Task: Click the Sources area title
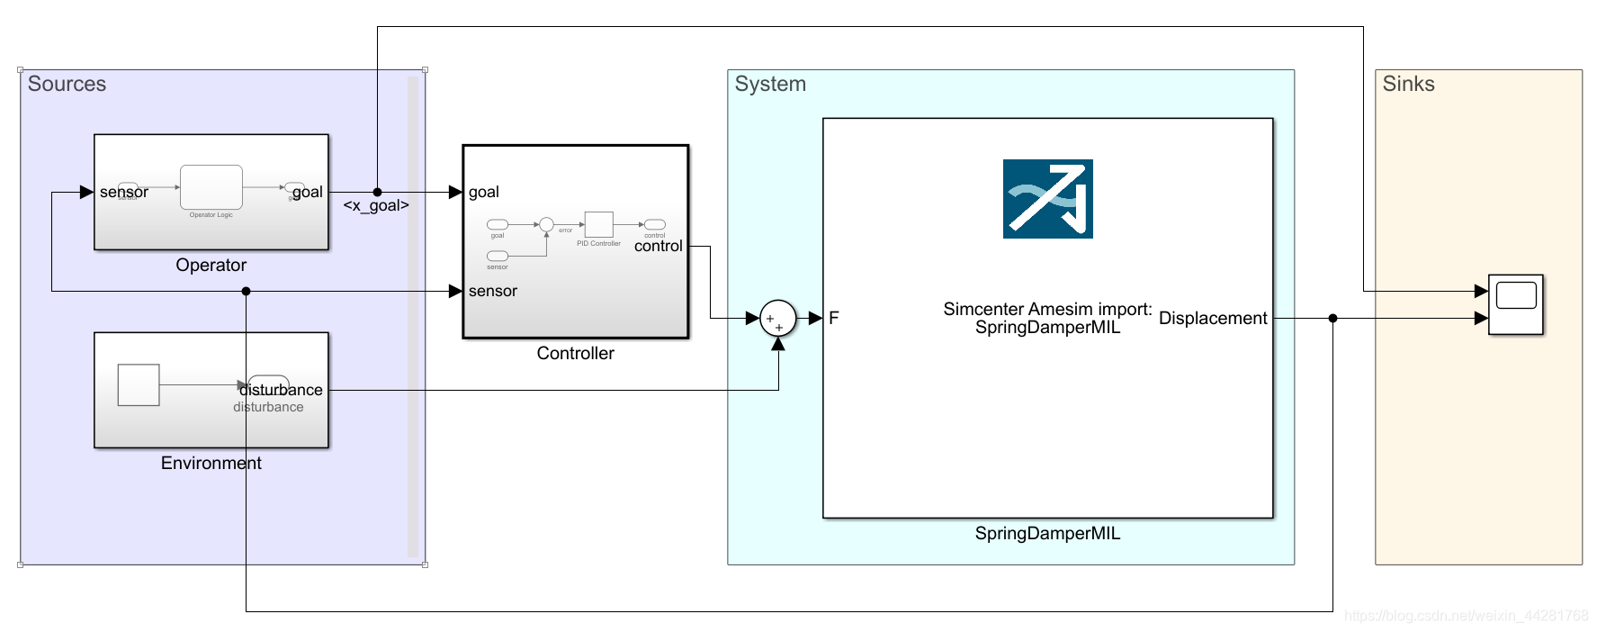[x=67, y=84]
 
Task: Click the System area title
[x=770, y=84]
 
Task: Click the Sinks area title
[x=1408, y=84]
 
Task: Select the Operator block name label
[x=211, y=265]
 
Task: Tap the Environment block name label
[x=211, y=463]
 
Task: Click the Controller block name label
[x=575, y=353]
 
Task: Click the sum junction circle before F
[x=777, y=318]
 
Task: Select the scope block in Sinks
[x=1515, y=304]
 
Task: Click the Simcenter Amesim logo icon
[x=1047, y=199]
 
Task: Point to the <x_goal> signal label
[x=376, y=205]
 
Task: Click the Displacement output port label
[x=1212, y=318]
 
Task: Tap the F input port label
[x=833, y=318]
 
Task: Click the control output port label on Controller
[x=658, y=246]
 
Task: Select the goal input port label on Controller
[x=483, y=192]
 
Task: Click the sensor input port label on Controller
[x=492, y=291]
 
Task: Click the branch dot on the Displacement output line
[x=1332, y=318]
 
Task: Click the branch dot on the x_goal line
[x=377, y=192]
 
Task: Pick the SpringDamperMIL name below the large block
[x=1047, y=533]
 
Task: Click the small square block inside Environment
[x=139, y=384]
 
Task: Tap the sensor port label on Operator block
[x=123, y=192]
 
